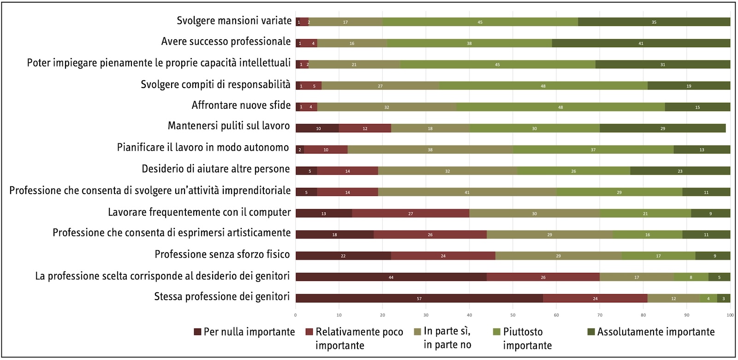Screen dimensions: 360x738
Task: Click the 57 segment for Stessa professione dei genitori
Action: (x=419, y=298)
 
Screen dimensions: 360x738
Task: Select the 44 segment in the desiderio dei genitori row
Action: (x=391, y=277)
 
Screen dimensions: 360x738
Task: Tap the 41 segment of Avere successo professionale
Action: (x=641, y=43)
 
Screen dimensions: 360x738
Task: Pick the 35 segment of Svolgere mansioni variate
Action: (x=654, y=22)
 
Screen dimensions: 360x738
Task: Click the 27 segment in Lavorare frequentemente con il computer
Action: (x=411, y=213)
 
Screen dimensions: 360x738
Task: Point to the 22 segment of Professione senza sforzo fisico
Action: (x=343, y=256)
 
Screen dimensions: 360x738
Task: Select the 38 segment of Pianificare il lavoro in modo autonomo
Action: (x=430, y=149)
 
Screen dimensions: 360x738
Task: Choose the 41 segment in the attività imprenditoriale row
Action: (x=467, y=192)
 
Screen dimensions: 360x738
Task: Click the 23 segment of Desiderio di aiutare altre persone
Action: (x=680, y=171)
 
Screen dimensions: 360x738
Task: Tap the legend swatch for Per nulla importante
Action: (x=197, y=332)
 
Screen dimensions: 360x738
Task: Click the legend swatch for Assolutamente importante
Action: (x=591, y=332)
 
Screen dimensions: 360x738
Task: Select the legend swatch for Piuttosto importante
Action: (x=497, y=332)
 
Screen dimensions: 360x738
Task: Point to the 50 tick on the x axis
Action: (x=513, y=315)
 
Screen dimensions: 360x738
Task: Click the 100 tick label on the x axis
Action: (x=730, y=315)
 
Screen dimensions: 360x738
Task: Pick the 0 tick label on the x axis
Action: (x=296, y=315)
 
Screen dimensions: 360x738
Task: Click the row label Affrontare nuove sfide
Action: (x=241, y=105)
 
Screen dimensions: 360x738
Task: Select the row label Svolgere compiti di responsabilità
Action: (x=215, y=84)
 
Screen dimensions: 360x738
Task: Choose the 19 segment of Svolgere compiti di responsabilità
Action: (x=689, y=86)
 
